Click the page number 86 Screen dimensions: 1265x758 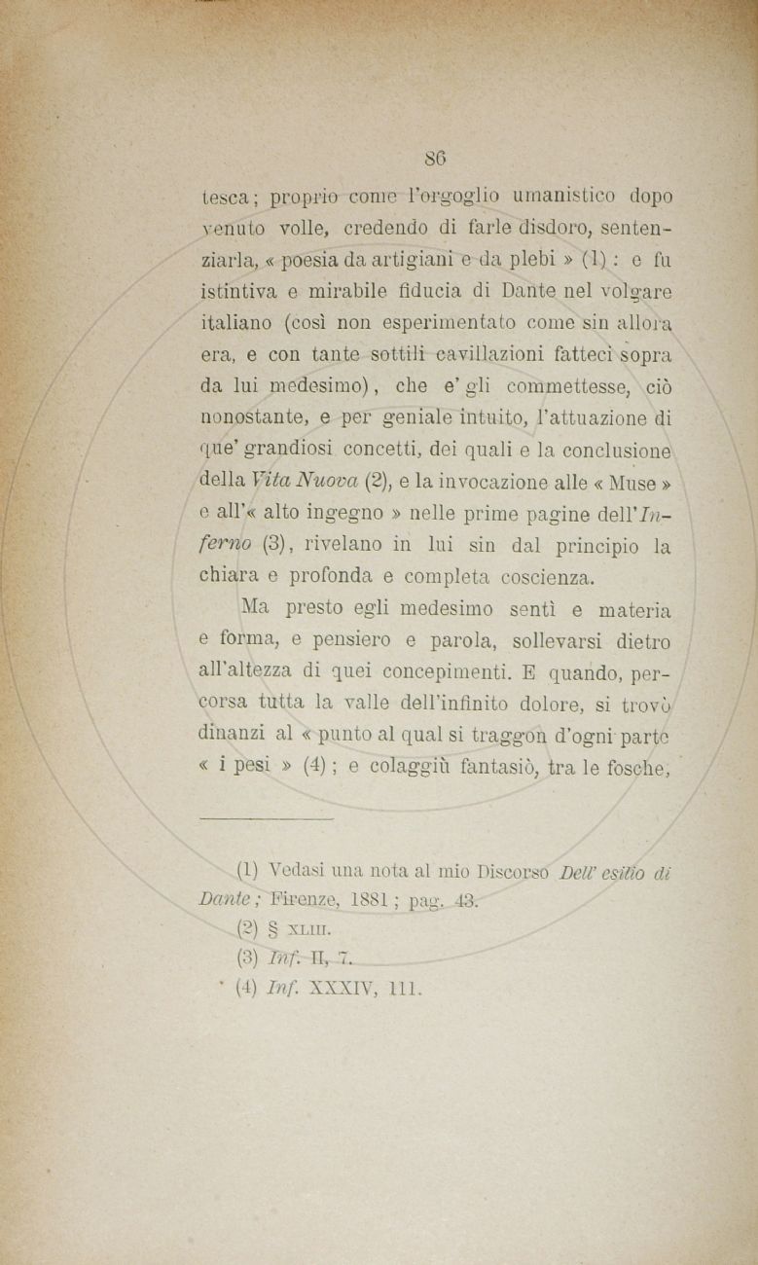coord(435,156)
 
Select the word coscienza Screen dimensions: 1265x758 coord(532,578)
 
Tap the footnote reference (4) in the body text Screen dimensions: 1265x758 coord(315,767)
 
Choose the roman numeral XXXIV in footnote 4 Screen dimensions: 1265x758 coord(335,991)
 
